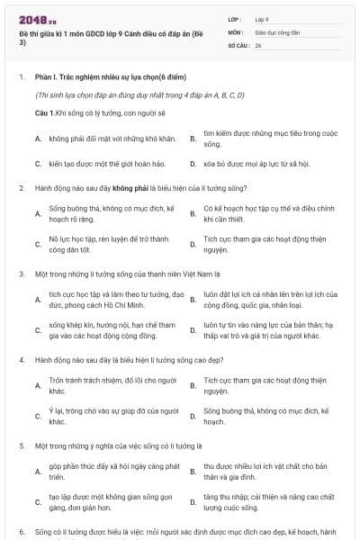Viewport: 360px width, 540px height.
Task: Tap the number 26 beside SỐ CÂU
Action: (x=258, y=45)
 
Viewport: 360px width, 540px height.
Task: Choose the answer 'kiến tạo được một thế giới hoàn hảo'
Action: (x=103, y=164)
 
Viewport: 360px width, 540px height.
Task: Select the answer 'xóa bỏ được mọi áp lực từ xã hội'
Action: (x=250, y=164)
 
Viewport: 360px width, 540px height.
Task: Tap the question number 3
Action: (x=21, y=273)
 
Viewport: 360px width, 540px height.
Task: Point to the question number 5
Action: (x=21, y=445)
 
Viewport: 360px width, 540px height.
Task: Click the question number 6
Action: (x=21, y=532)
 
